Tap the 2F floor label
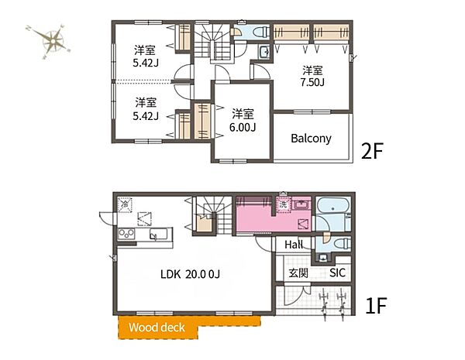point(372,151)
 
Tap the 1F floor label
point(376,306)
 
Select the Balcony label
point(311,139)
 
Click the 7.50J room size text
point(312,82)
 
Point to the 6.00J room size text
point(243,127)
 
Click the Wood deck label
point(157,327)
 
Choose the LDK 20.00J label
point(190,274)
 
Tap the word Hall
point(294,245)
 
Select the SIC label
point(337,273)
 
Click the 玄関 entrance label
point(298,273)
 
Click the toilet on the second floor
point(262,31)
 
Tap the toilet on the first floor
point(342,244)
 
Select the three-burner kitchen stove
point(126,234)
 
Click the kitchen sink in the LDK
point(158,235)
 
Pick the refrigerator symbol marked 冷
point(125,204)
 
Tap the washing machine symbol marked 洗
point(284,204)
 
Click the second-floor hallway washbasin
point(264,52)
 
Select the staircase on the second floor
point(212,43)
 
